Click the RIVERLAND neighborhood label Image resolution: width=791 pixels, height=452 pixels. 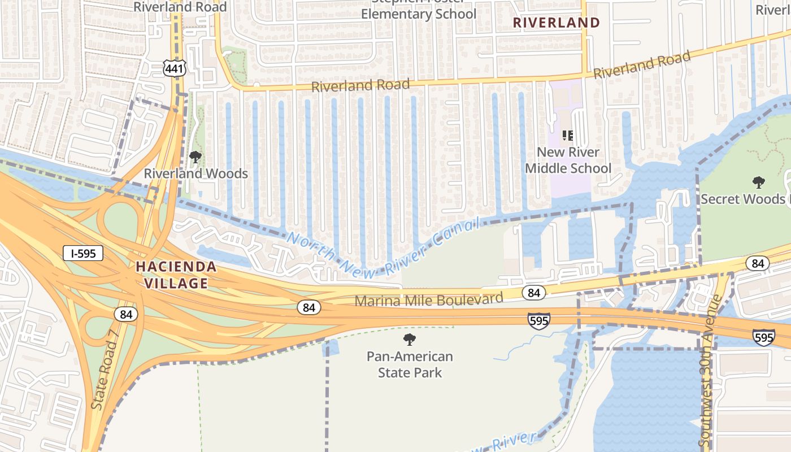click(557, 23)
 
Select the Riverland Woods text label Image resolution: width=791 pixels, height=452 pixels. click(196, 173)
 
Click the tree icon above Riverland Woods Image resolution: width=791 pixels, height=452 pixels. click(195, 157)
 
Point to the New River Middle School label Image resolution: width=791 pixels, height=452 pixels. click(568, 160)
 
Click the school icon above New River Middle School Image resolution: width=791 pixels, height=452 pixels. click(568, 136)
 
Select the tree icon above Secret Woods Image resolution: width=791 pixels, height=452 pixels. click(759, 182)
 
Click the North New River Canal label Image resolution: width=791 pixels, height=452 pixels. click(383, 246)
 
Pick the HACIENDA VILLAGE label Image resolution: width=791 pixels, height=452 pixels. click(175, 275)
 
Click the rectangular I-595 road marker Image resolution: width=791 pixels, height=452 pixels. click(83, 254)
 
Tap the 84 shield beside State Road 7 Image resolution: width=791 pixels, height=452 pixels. click(125, 314)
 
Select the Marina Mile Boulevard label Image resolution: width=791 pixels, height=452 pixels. click(428, 299)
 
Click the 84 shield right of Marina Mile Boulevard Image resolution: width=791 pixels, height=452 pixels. click(533, 293)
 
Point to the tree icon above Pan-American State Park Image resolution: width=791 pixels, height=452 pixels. click(410, 340)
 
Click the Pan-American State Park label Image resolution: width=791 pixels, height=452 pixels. click(410, 364)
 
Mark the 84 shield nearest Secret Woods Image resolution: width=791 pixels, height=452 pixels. click(757, 263)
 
